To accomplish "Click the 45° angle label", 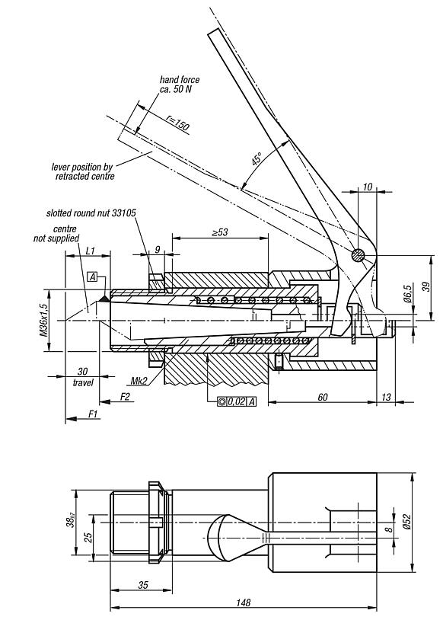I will coord(257,159).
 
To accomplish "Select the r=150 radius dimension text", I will coord(177,123).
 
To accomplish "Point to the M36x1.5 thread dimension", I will coord(44,319).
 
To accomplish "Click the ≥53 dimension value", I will coord(219,232).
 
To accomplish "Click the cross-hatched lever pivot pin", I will coord(359,256).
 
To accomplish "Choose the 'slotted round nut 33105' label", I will coord(91,214).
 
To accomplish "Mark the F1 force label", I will coord(94,412).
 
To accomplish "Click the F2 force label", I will coord(126,397).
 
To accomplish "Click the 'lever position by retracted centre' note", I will coord(84,171).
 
